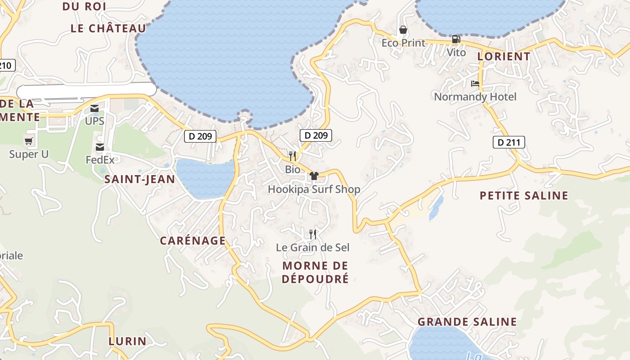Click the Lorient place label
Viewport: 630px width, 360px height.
pos(504,57)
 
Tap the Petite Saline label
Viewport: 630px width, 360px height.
pos(524,196)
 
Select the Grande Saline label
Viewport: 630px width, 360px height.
pos(467,322)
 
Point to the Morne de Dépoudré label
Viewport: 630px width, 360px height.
pos(315,272)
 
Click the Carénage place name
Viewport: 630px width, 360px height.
pos(193,241)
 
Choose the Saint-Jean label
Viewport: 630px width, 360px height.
pos(139,180)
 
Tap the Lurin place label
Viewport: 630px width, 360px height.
pos(127,341)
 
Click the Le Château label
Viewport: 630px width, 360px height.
pos(108,28)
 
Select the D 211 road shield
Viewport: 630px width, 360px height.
pos(509,143)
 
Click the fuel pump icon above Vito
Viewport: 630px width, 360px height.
pos(456,39)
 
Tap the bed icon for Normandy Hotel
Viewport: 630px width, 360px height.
pos(475,84)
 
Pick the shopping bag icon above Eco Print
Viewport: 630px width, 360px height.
pos(403,30)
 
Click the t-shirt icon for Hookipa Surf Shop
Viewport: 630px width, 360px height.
pos(314,175)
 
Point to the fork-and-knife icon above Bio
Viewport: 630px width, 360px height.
pos(292,156)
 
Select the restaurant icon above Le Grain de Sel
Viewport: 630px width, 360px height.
pos(313,234)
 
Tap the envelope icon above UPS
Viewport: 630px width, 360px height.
pos(94,108)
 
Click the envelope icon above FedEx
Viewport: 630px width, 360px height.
pos(100,147)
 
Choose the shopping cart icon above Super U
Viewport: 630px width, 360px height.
pos(29,141)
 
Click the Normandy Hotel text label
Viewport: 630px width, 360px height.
pos(475,97)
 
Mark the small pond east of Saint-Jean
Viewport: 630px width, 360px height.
pos(205,178)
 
